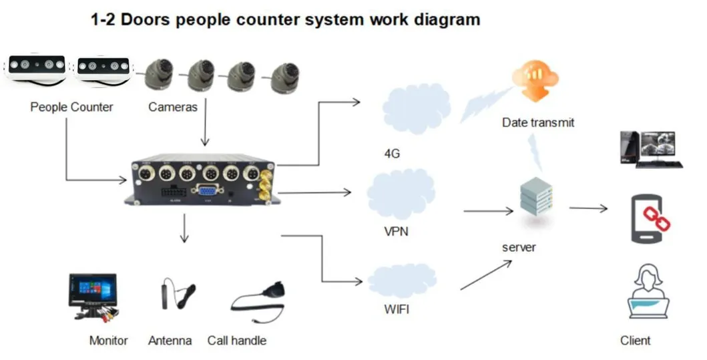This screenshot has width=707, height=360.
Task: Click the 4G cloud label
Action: point(392,154)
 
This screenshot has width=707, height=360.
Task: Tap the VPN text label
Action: point(397,232)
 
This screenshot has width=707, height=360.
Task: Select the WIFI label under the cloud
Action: point(397,309)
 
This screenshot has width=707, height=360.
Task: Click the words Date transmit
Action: point(538,123)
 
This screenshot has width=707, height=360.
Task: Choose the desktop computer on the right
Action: point(647,149)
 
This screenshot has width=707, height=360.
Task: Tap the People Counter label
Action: point(71,107)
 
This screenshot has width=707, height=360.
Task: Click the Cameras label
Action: point(172,107)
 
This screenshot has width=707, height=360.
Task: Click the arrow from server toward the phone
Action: point(588,208)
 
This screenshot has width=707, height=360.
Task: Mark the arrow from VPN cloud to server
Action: point(487,211)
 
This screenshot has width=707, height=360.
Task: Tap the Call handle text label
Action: point(236,341)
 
